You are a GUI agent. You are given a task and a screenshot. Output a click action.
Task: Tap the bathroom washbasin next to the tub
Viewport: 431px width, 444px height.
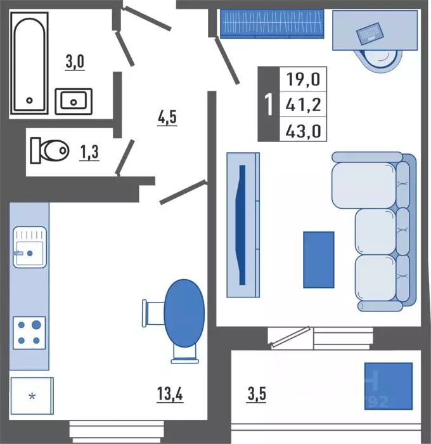pos(74,101)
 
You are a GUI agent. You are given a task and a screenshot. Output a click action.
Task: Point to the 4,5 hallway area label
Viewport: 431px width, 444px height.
pos(167,117)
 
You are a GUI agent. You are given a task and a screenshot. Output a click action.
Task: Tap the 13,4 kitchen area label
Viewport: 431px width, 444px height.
pos(170,395)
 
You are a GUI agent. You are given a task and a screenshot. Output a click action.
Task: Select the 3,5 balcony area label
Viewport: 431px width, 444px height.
pos(257,395)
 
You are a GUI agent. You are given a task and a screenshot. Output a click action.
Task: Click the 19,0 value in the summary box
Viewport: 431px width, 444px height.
pos(303,81)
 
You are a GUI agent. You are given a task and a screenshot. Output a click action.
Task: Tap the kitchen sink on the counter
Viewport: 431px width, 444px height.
pos(29,247)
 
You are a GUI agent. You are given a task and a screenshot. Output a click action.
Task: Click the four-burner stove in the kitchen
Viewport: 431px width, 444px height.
pos(29,332)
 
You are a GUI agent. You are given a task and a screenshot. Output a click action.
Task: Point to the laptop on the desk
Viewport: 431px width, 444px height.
pos(369,33)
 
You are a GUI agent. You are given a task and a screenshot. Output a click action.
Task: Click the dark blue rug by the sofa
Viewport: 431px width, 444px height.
pos(318,259)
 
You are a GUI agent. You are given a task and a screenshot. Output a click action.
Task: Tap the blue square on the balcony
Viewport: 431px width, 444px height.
pos(388,386)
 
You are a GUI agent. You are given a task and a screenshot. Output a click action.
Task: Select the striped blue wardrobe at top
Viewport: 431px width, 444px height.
pos(273,24)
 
